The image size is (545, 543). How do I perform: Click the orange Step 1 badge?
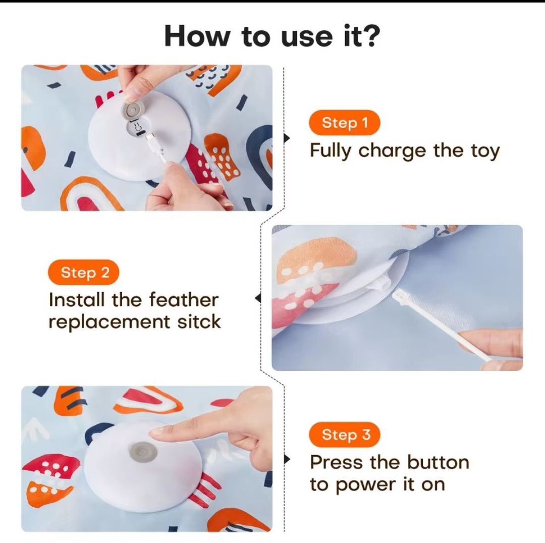click(345, 123)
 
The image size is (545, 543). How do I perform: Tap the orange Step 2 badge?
click(84, 272)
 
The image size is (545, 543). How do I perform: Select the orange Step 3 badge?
click(345, 435)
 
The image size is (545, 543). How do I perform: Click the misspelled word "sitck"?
click(199, 321)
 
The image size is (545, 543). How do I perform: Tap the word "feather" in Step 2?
click(184, 299)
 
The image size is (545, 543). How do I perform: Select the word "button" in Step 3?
click(438, 462)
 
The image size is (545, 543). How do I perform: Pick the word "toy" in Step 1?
click(485, 151)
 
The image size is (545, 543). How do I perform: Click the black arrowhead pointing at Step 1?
click(287, 138)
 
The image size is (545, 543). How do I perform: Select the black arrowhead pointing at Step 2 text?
click(257, 298)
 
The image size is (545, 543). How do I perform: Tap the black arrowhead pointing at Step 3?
click(287, 459)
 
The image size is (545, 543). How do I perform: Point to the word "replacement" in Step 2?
click(109, 322)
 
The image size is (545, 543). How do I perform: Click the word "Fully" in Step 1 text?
click(330, 151)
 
